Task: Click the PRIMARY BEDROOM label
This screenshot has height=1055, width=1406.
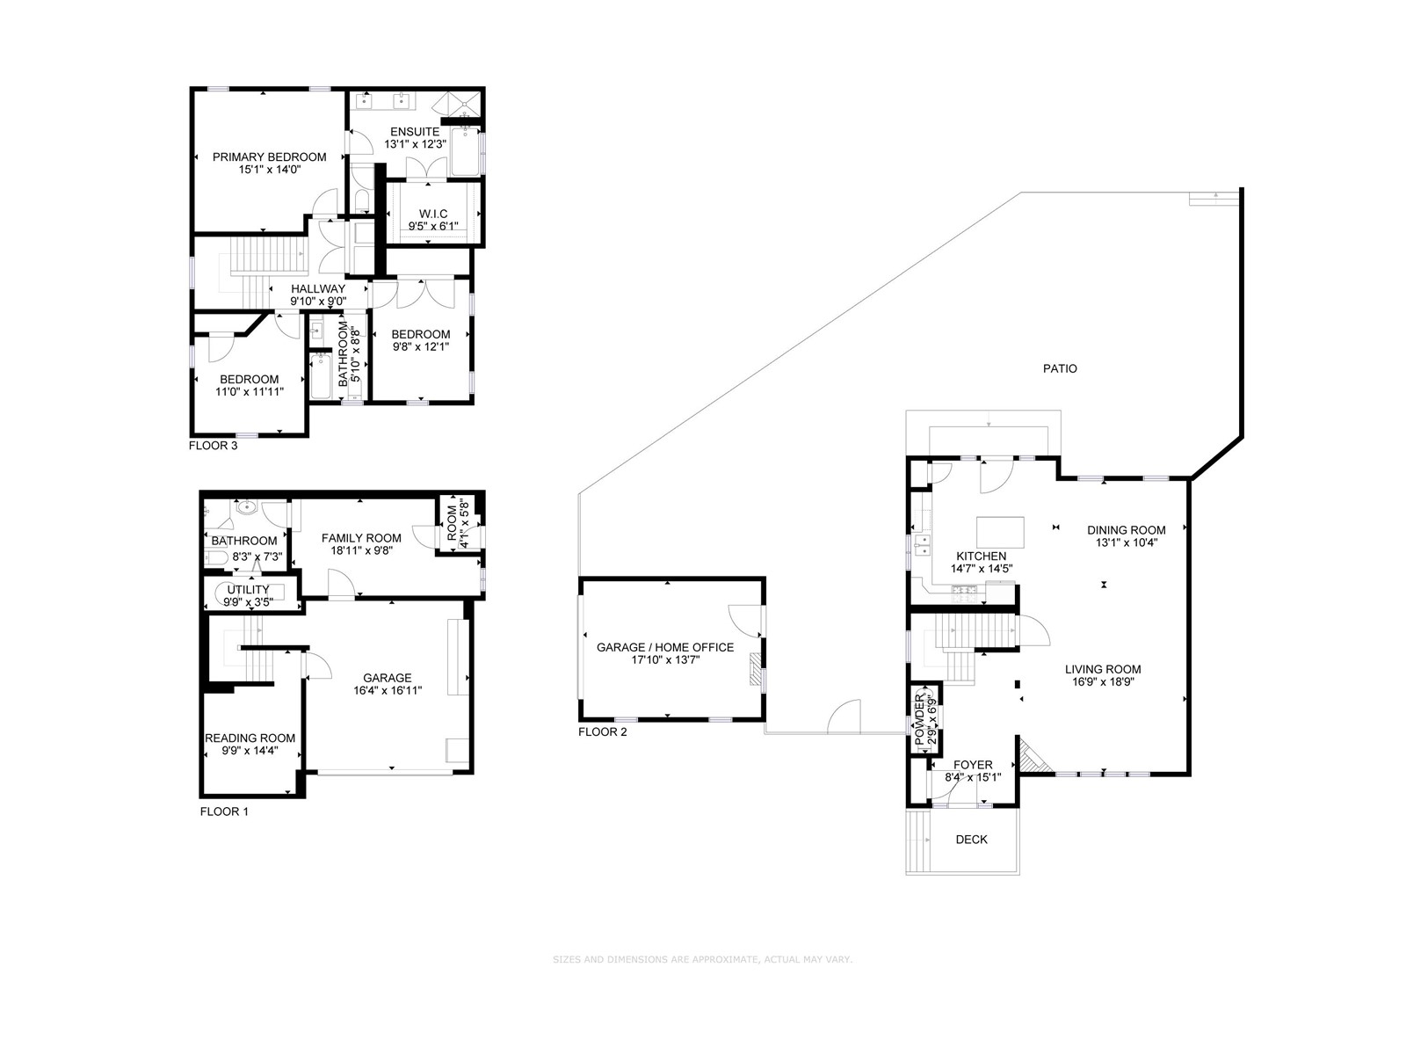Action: point(269,156)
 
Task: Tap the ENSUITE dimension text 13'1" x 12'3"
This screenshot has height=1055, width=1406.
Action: point(415,144)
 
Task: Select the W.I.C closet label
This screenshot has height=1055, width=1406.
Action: point(433,214)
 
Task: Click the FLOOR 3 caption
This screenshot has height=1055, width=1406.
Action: point(213,445)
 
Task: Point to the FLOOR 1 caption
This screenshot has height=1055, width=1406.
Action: point(224,811)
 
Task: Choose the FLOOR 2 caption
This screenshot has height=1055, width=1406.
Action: point(602,731)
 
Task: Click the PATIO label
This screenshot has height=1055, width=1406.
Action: point(1060,368)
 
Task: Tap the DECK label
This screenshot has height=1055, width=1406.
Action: point(971,840)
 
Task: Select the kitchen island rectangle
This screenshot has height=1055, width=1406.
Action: point(1001,532)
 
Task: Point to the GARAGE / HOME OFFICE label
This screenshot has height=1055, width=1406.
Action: point(664,647)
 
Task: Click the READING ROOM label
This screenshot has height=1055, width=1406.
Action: point(250,738)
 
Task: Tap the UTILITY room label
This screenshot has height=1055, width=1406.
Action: point(249,590)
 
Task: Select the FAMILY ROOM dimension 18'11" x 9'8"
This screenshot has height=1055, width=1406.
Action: point(360,551)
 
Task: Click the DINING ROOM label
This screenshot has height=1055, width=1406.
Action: point(1126,530)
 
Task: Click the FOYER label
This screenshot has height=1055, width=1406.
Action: point(973,765)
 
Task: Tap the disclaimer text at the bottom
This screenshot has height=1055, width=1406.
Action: point(702,959)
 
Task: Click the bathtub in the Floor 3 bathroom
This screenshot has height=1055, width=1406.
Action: point(321,376)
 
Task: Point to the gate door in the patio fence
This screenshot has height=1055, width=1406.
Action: point(844,717)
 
